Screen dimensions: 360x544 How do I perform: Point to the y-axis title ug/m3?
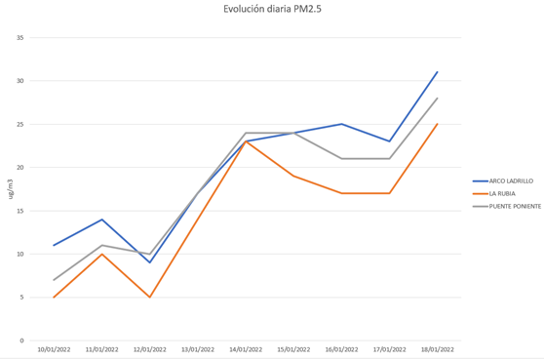click(x=12, y=189)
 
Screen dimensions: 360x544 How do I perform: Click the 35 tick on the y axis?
click(x=21, y=37)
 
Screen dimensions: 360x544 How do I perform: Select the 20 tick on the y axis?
click(x=21, y=167)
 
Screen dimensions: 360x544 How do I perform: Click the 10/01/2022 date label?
click(x=54, y=349)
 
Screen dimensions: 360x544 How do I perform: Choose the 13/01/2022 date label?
click(x=198, y=349)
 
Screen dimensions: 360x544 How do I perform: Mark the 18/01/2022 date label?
click(x=437, y=349)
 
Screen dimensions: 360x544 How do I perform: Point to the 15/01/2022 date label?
click(x=293, y=349)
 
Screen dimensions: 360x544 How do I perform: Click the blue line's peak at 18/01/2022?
click(x=437, y=72)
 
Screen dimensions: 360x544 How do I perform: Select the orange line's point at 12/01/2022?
click(x=149, y=297)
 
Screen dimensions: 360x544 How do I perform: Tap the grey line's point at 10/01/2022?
click(x=54, y=280)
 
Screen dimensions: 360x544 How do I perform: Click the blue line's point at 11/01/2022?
click(x=101, y=220)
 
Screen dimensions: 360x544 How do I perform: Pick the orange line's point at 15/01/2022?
click(x=293, y=176)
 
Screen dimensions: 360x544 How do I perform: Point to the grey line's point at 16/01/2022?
click(x=341, y=158)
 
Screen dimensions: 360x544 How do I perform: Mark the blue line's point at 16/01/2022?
click(x=341, y=124)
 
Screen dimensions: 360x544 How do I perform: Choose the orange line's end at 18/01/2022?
click(x=437, y=124)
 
